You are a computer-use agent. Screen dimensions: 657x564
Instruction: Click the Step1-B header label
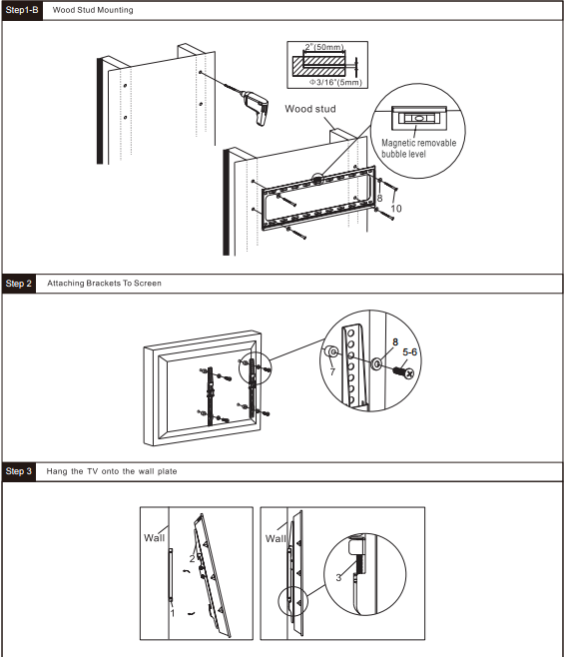[22, 9]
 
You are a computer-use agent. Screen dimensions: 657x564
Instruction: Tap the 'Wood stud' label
[309, 109]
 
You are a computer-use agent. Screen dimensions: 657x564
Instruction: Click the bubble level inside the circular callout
[418, 116]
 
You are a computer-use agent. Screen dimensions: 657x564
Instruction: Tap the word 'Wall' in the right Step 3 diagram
[276, 537]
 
